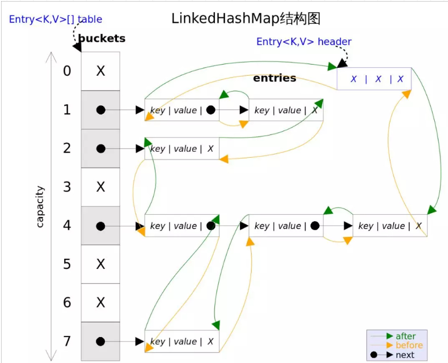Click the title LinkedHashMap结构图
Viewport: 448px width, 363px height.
[246, 19]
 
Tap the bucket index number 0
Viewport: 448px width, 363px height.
[67, 71]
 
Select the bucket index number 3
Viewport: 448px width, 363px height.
[67, 187]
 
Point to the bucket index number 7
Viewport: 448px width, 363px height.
[67, 341]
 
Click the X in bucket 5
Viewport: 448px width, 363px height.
[101, 264]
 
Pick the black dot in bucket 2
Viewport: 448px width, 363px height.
[101, 149]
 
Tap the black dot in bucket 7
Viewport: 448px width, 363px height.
[101, 341]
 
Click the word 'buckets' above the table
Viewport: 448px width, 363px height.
[102, 39]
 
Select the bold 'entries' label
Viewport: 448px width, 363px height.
[274, 78]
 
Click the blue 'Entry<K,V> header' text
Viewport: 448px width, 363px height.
[303, 41]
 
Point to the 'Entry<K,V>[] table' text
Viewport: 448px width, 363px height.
[55, 20]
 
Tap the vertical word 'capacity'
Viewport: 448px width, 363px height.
[40, 206]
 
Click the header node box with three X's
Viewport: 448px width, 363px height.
[374, 79]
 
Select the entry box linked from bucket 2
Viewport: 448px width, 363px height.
[182, 149]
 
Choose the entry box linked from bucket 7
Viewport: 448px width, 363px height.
[182, 341]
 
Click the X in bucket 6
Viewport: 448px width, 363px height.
[101, 302]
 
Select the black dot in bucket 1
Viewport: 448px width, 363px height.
[101, 110]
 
